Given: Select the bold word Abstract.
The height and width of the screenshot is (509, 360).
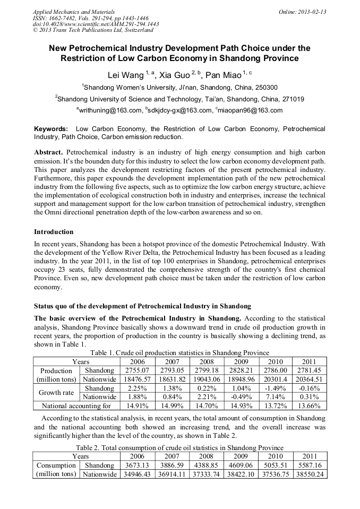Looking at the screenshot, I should pyautogui.click(x=48, y=152).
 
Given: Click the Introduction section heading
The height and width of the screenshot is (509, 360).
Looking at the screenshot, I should pyautogui.click(x=54, y=232).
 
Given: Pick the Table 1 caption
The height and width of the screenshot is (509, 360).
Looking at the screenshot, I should pyautogui.click(x=180, y=353).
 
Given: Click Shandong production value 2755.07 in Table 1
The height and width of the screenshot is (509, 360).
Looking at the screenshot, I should pyautogui.click(x=137, y=370).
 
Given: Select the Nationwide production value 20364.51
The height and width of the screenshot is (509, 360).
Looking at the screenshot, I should pyautogui.click(x=309, y=379).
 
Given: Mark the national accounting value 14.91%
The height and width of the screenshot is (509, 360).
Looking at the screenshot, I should pyautogui.click(x=137, y=406).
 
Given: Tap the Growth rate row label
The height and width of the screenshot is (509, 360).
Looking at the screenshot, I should pyautogui.click(x=56, y=393).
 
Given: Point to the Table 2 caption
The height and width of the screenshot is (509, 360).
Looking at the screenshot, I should pyautogui.click(x=180, y=448).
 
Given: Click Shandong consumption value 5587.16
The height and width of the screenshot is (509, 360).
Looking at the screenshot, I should pyautogui.click(x=309, y=465).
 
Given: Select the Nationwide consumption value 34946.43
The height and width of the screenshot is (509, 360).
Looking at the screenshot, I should pyautogui.click(x=137, y=475).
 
